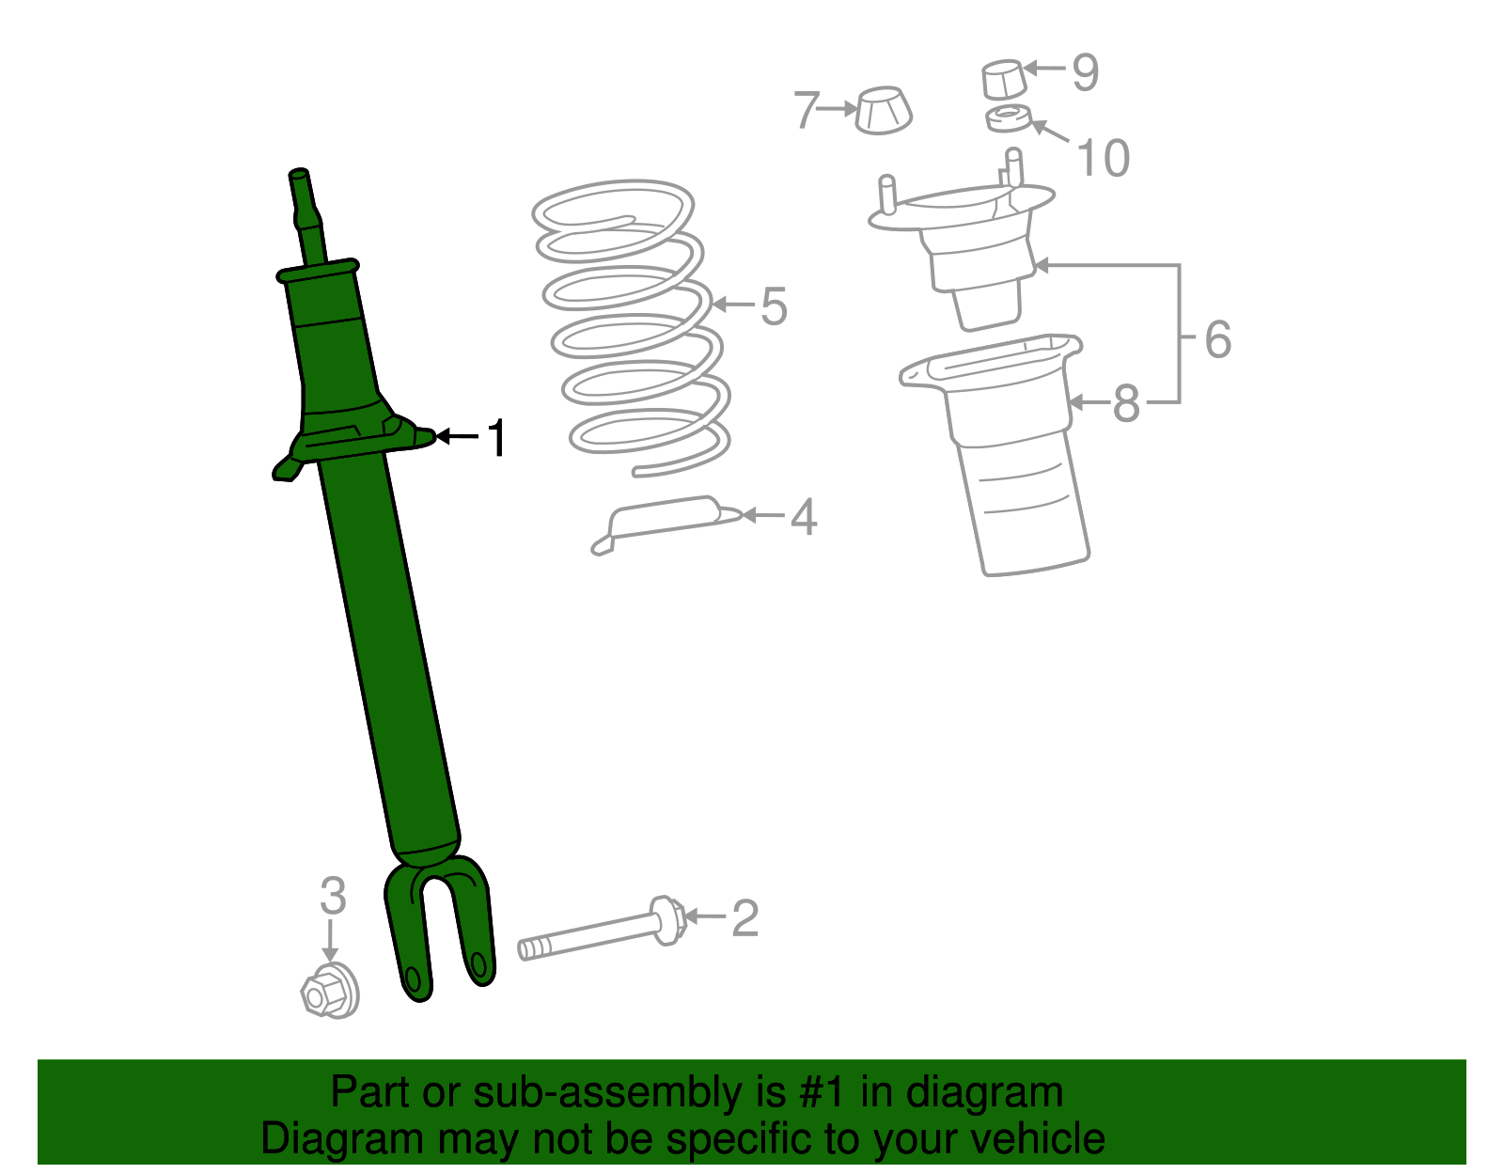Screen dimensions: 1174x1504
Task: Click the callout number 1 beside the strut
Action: pos(497,439)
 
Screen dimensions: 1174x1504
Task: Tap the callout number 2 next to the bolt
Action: pos(744,918)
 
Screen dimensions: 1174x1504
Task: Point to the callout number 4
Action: pos(803,517)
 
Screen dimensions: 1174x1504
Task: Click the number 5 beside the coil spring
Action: pos(774,306)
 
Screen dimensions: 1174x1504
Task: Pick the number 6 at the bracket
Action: pos(1217,339)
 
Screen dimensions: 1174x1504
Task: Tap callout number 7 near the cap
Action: pos(806,110)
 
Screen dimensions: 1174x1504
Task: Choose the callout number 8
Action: pos(1125,404)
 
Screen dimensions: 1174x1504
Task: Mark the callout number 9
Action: pos(1086,72)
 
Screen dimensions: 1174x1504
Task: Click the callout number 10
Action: pos(1103,158)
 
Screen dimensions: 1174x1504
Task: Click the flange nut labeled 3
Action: pos(329,991)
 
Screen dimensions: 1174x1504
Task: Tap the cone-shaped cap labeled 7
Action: pos(883,110)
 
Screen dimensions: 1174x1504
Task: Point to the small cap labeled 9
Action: pos(1002,79)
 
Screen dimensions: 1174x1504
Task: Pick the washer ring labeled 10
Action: pos(1008,120)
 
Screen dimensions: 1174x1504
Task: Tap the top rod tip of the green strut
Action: pos(299,176)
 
